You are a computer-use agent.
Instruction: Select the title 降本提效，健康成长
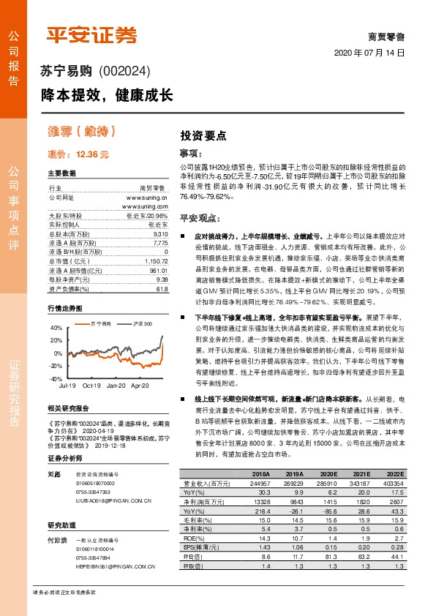[x=106, y=95]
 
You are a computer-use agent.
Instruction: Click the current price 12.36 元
[x=78, y=154]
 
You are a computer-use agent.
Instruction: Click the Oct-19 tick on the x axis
[x=91, y=384]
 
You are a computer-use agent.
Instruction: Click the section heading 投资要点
[x=203, y=135]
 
